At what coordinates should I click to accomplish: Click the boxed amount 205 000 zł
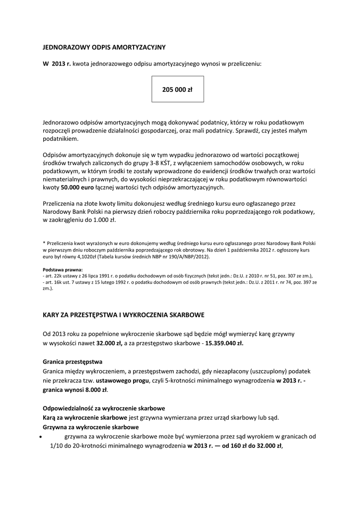177,90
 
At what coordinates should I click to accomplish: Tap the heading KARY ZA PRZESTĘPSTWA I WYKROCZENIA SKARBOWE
123,315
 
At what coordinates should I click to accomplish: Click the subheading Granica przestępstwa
72,362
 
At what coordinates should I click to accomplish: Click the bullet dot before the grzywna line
40,438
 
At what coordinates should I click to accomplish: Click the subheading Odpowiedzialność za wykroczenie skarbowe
104,408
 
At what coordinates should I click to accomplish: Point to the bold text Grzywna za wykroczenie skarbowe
91,427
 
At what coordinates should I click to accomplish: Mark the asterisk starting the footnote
44,243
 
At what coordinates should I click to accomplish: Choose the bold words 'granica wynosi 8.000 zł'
75,390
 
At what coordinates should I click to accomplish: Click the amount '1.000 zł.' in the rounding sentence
103,220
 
